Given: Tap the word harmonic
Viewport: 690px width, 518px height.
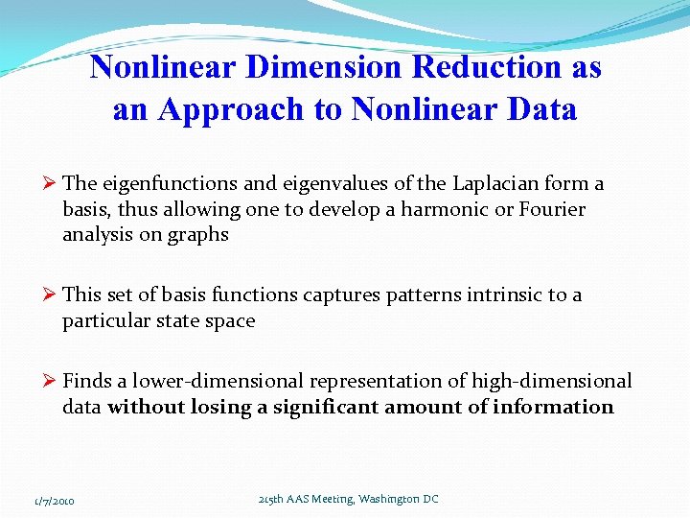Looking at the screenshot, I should click(438, 209).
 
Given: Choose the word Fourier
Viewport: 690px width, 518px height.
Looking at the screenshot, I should click(547, 209).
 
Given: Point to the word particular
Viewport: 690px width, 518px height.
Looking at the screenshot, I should click(102, 320).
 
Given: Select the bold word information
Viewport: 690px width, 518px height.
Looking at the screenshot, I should click(553, 407).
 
